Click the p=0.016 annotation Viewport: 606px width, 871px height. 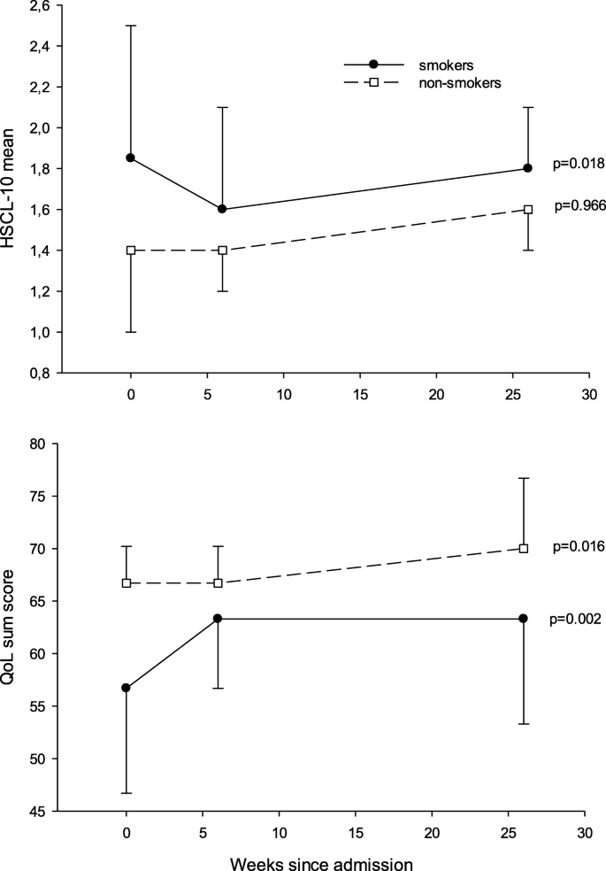coord(577,546)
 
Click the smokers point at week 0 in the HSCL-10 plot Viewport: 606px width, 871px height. coord(131,158)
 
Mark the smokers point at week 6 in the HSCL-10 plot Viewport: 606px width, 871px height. coord(222,209)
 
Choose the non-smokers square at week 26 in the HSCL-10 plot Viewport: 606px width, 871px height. coord(527,209)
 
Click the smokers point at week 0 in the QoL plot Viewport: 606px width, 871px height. coord(127,688)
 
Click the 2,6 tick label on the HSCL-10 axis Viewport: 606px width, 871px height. coord(38,5)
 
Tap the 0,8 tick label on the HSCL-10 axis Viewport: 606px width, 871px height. coord(38,374)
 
